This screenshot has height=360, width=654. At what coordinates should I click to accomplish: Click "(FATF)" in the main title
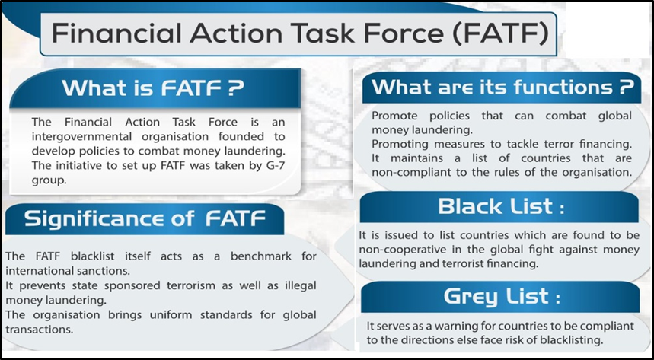pos(500,34)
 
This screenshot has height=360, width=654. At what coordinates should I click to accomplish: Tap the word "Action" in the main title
pos(234,34)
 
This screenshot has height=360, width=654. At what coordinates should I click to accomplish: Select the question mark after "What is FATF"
pos(235,88)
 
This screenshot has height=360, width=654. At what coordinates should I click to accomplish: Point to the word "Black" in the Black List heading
pos(470,206)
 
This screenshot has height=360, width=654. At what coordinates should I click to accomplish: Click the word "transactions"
pos(39,329)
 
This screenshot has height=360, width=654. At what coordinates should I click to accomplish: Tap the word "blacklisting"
pos(574,340)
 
